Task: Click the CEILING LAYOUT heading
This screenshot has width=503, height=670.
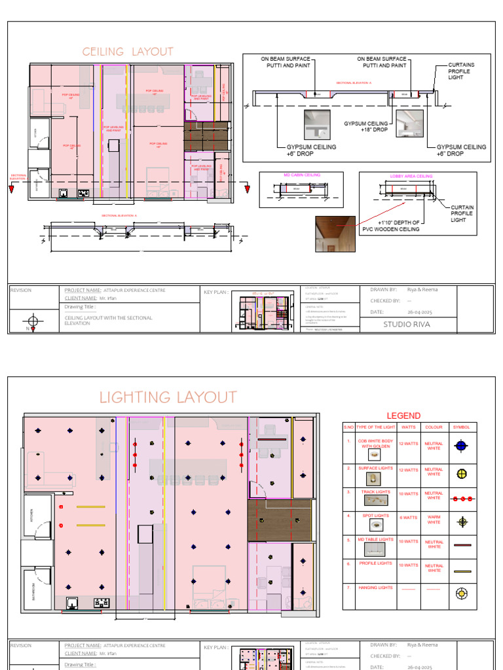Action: pos(128,52)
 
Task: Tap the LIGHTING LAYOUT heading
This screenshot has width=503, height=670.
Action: pos(168,397)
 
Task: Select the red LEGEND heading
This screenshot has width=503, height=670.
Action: pos(403,415)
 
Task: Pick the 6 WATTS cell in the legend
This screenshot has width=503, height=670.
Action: pos(408,518)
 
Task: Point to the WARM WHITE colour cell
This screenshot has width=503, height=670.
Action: pos(434,520)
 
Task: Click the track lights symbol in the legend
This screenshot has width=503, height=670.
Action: pos(462,498)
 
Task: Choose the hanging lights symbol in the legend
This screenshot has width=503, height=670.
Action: pos(462,593)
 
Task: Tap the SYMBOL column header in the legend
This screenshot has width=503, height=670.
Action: pos(462,427)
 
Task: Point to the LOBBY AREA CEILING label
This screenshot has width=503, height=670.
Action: pos(411,176)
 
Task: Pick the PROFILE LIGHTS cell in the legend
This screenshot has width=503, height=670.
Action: pos(375,563)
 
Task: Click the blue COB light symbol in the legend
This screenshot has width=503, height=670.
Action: pos(462,446)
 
